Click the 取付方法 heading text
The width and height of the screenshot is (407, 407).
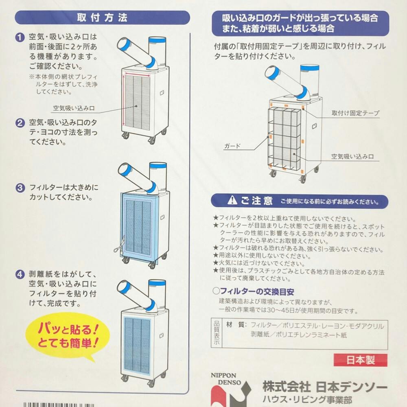(102, 18)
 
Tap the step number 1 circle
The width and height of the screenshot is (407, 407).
(20, 37)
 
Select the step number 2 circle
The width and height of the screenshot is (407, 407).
(20, 123)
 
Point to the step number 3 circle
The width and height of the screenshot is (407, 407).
(20, 188)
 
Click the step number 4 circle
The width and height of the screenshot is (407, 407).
(20, 274)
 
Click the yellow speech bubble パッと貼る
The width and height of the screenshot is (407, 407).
(67, 337)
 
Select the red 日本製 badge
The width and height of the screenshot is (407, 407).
(361, 360)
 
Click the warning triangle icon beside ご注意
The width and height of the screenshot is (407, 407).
(232, 200)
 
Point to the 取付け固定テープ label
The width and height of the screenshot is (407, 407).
(355, 113)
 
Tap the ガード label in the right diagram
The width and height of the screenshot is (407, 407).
(232, 146)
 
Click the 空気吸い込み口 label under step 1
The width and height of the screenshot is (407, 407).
(74, 108)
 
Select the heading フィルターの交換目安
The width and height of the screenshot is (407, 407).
(253, 291)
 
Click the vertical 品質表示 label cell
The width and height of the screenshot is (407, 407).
(217, 334)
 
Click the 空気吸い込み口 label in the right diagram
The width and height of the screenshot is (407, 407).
(352, 157)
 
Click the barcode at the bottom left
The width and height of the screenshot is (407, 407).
(59, 405)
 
